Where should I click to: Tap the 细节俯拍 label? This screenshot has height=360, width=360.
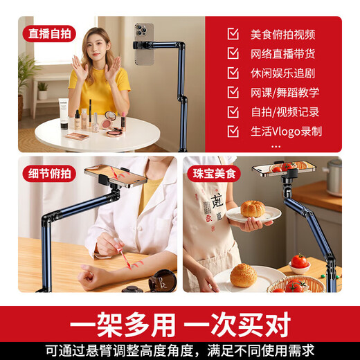(48, 173)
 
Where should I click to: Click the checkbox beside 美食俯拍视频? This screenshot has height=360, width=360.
(233, 34)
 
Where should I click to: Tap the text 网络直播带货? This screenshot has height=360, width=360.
(282, 53)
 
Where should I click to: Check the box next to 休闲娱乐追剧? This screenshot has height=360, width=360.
(233, 73)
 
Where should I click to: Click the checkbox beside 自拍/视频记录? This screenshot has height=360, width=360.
(233, 111)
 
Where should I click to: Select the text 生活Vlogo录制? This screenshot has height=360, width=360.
(286, 131)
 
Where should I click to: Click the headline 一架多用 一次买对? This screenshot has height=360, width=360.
(180, 324)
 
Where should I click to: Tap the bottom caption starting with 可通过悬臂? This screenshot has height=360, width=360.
(180, 350)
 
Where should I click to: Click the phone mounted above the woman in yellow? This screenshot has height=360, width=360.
(144, 45)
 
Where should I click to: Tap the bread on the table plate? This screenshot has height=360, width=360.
(243, 275)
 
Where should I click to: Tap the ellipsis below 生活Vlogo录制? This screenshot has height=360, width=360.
(276, 146)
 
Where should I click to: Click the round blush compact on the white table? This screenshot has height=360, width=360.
(110, 117)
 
